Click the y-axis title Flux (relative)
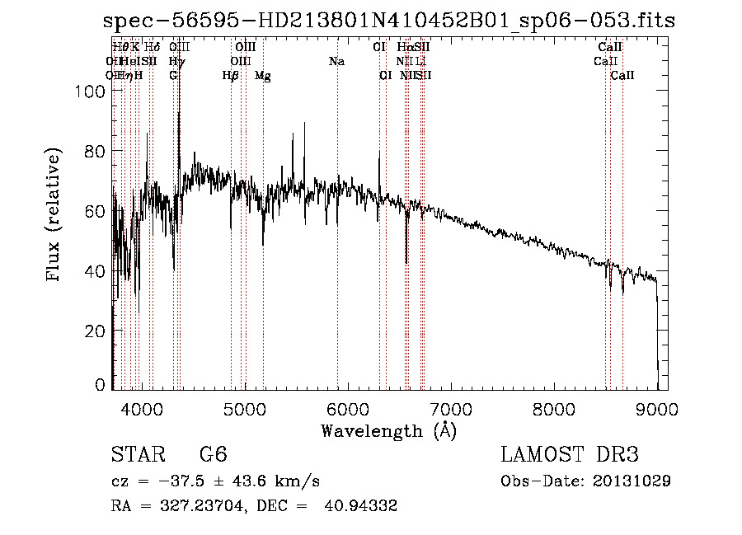[x=55, y=216]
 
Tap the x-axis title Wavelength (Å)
[x=388, y=430]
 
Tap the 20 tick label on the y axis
[x=96, y=331]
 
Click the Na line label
[x=336, y=62]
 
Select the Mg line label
[x=263, y=76]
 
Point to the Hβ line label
[x=231, y=76]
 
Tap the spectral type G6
[x=214, y=454]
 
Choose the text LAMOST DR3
[x=570, y=454]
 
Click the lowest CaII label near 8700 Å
[x=622, y=76]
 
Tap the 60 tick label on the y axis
[x=96, y=211]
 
